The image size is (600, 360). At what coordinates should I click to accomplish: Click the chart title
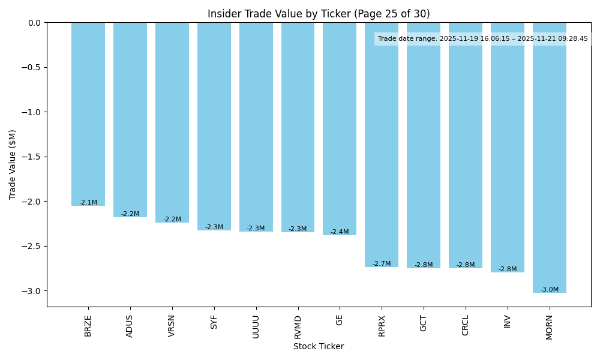pos(319,14)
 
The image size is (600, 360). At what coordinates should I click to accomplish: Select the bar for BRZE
pos(88,114)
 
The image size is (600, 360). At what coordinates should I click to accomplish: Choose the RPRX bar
pos(382,145)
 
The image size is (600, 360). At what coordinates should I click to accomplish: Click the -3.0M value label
pos(550,290)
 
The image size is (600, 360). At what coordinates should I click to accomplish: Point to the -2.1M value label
pos(88,203)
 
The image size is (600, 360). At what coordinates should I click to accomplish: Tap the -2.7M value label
pos(382,264)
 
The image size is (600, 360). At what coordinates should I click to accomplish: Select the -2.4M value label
pos(340,232)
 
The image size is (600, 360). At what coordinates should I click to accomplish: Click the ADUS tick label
pos(130,326)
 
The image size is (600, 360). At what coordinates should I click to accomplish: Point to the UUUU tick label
pos(256,326)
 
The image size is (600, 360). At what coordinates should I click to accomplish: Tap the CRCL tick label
pos(466,325)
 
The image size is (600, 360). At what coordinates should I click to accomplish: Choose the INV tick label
pos(508,322)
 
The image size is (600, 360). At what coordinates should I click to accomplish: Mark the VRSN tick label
pos(172,326)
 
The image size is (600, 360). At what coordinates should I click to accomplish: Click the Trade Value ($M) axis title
pos(13,164)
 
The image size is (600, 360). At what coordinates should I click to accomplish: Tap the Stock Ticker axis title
pos(319,347)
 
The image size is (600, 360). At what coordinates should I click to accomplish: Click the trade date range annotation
pos(483,39)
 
